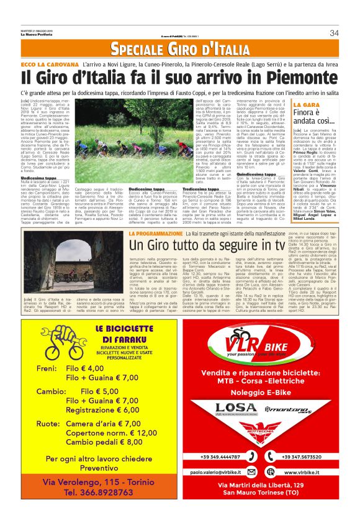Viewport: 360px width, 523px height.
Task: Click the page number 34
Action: (x=334, y=33)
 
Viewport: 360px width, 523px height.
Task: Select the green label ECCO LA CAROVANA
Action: (x=49, y=63)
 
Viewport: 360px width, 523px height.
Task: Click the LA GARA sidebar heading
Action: (x=307, y=104)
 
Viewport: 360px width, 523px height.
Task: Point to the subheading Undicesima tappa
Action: (x=39, y=178)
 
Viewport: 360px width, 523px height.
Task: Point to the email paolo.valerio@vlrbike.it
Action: (x=236, y=473)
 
